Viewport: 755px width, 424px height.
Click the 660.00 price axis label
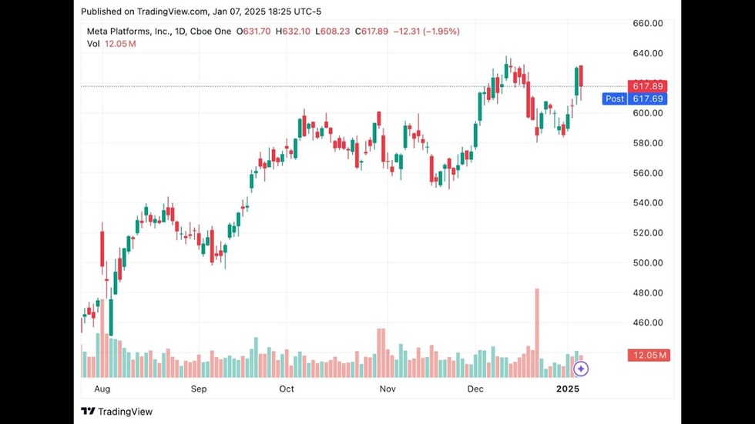pos(647,23)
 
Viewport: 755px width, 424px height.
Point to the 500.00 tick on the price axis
pos(647,263)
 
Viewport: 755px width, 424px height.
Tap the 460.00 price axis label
pos(647,323)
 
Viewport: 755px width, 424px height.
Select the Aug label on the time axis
pos(102,389)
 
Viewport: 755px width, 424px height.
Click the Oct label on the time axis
pos(287,389)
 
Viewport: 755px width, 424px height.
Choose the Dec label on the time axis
pos(475,389)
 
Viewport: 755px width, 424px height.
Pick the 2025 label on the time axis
pos(568,389)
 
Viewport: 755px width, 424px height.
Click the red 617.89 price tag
pos(648,85)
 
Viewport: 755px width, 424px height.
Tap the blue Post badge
pos(615,98)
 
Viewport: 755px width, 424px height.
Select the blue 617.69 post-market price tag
pos(648,98)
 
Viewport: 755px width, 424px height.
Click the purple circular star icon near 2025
pos(582,369)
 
